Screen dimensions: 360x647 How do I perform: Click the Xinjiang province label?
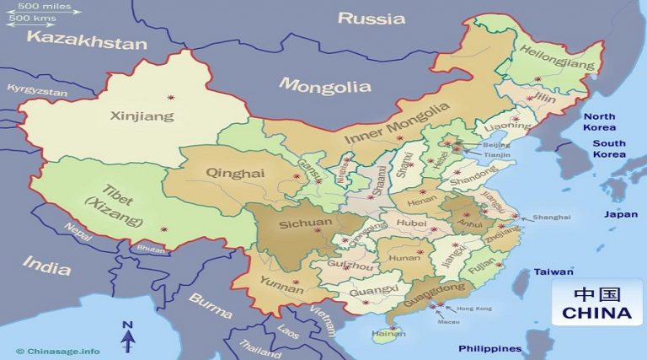click(142, 116)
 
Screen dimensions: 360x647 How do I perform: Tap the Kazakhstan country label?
click(86, 39)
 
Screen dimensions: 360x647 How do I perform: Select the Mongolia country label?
click(324, 86)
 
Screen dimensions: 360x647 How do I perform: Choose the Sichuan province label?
click(304, 223)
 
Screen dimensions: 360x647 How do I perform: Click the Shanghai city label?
click(551, 218)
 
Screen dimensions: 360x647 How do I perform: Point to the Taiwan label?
click(553, 272)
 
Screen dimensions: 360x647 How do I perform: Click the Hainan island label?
click(388, 334)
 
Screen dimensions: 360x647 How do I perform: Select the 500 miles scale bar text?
click(43, 8)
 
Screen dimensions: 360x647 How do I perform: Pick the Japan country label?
click(620, 214)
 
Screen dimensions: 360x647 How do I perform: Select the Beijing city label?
click(491, 144)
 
